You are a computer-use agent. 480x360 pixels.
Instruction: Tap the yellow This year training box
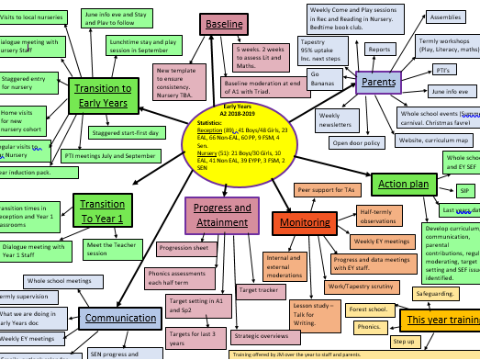coord(441,320)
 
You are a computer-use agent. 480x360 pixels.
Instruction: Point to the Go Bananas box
coord(326,77)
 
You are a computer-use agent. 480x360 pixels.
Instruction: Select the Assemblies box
coord(445,17)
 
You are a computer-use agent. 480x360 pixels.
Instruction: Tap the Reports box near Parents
coord(379,49)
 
